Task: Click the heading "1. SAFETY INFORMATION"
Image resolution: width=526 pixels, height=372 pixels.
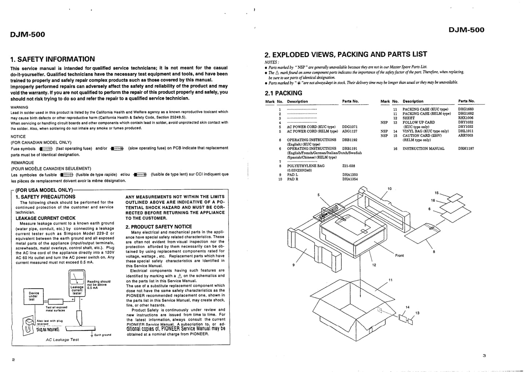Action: coord(52,59)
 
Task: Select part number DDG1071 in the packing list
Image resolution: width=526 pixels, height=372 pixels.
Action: coord(350,127)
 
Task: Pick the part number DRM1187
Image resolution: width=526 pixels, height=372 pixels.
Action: coord(466,149)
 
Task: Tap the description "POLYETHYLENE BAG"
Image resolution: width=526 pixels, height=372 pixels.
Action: coord(305,166)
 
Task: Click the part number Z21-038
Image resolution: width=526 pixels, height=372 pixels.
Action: coord(348,166)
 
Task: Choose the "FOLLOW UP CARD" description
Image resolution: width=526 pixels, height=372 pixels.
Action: coord(418,122)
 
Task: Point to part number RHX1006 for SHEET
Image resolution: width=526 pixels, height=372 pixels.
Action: coord(466,118)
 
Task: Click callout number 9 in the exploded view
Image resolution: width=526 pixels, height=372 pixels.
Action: coord(293,265)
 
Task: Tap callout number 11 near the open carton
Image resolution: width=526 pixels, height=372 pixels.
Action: coord(391,280)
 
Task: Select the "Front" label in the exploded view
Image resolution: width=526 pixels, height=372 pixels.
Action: coord(399,256)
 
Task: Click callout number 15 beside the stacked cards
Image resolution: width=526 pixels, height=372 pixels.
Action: coord(437,193)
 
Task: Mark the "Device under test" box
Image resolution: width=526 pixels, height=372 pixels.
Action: coord(34,296)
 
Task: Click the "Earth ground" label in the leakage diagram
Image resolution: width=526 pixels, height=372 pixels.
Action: coord(103,335)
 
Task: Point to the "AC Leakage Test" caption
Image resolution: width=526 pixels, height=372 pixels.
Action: coord(62,340)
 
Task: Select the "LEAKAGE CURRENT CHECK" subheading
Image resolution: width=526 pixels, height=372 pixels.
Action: coord(46,218)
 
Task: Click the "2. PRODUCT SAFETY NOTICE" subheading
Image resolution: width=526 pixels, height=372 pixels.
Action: coord(159,226)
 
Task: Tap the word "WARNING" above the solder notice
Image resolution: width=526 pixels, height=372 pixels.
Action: coord(19,107)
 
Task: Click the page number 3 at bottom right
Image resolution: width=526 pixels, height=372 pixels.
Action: coord(484,356)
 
